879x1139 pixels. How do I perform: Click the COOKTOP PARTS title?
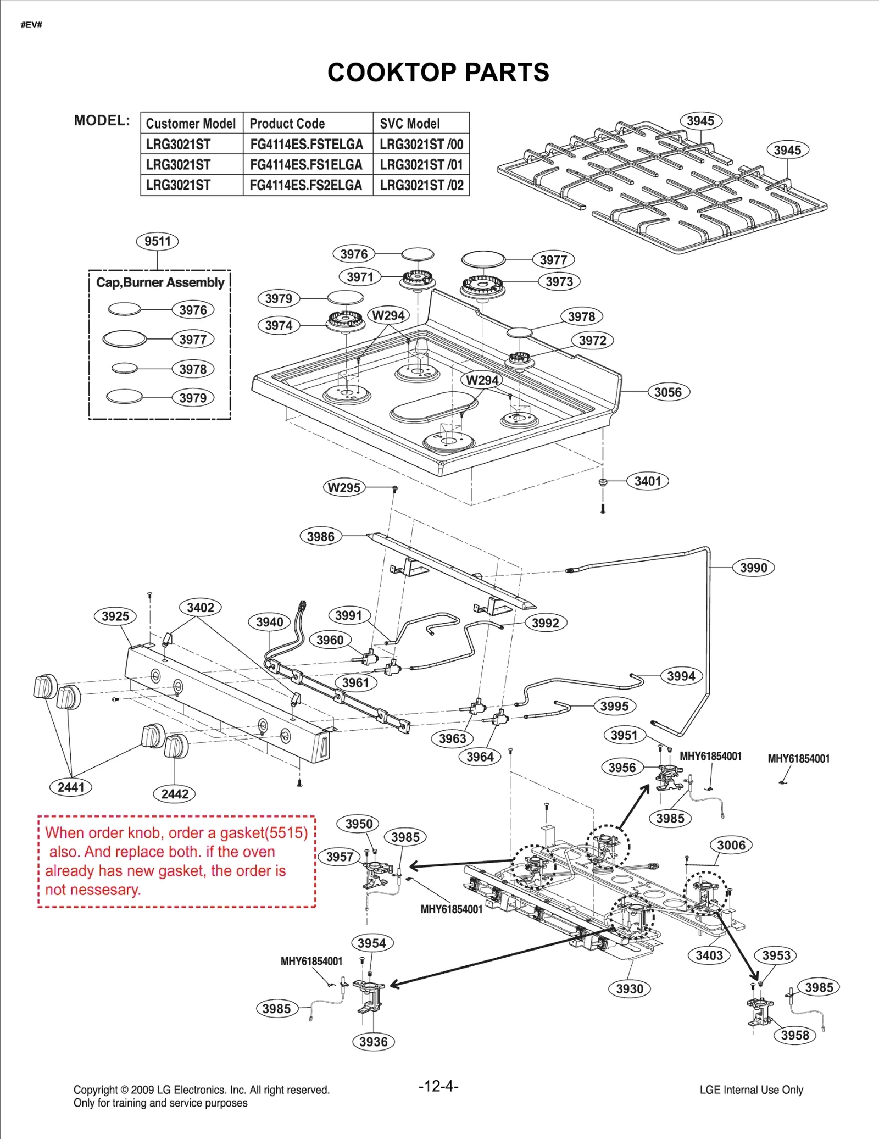[x=438, y=73]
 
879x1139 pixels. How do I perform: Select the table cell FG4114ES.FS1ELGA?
[x=306, y=165]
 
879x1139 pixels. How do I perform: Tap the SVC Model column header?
[x=410, y=124]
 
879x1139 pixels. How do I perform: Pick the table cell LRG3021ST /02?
[x=421, y=185]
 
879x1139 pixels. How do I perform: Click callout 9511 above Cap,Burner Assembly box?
[x=158, y=241]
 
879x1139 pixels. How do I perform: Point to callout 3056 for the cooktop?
[x=667, y=392]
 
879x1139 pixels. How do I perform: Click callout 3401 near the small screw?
[x=648, y=481]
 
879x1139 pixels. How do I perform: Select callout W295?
[x=344, y=487]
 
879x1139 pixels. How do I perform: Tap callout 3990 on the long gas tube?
[x=753, y=568]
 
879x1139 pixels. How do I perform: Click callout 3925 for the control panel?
[x=115, y=616]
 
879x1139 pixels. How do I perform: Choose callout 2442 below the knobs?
[x=175, y=793]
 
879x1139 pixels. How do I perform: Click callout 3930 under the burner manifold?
[x=629, y=989]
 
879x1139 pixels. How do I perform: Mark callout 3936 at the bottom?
[x=373, y=1042]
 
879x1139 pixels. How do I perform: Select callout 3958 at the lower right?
[x=794, y=1035]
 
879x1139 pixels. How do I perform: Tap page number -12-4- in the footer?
[x=438, y=1086]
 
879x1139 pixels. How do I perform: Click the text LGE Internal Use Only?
[x=751, y=1090]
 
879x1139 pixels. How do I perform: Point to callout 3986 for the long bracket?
[x=321, y=536]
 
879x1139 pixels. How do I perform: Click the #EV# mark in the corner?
[x=31, y=25]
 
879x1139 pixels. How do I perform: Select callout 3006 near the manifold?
[x=731, y=845]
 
